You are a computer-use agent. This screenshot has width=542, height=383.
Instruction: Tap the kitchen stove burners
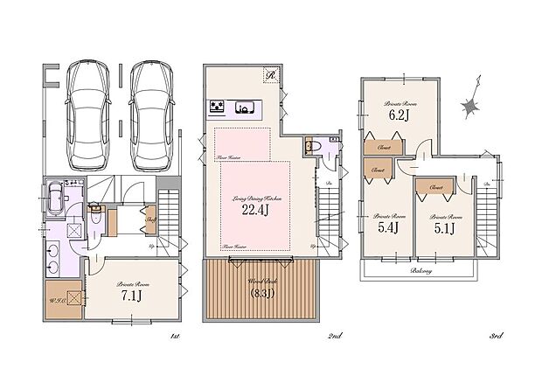217,108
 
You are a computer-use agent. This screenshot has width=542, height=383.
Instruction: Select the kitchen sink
247,108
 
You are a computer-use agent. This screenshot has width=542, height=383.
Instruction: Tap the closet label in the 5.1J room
436,187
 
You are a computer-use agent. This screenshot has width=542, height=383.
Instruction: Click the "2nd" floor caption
334,336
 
